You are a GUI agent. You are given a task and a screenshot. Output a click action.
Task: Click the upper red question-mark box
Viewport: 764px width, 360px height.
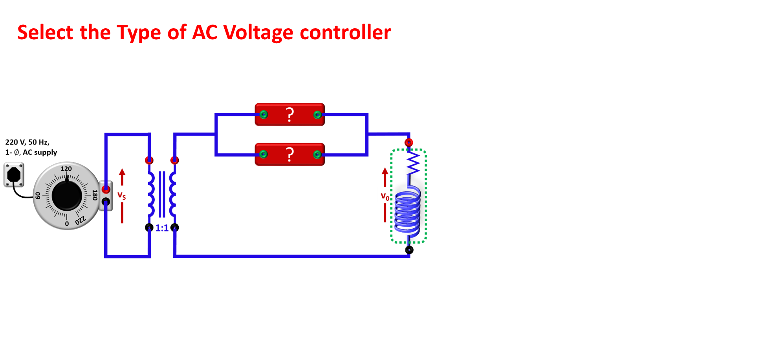pos(290,114)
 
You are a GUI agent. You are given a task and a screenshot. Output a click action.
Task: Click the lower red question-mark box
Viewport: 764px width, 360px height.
pos(290,154)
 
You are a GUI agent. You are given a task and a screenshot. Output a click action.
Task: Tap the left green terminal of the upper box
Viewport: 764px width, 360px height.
pos(264,114)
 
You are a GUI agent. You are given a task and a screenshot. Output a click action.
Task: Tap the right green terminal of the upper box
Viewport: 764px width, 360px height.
pos(317,115)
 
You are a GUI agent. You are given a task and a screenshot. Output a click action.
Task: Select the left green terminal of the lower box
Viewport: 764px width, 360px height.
pos(264,154)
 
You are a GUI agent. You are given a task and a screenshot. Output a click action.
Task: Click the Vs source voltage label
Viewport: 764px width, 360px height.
pos(122,194)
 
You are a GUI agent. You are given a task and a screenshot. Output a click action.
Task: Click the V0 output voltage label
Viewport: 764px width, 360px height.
pos(385,195)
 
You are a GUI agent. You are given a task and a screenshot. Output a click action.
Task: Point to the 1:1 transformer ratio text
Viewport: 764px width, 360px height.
pos(162,228)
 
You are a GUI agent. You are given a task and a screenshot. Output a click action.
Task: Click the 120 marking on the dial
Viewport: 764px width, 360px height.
pos(66,169)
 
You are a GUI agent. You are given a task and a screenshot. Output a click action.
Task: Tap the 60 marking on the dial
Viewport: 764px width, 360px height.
pos(38,195)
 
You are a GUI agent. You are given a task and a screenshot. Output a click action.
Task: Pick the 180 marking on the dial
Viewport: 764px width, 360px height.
pos(95,195)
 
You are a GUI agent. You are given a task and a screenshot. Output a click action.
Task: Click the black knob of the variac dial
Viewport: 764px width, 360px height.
pos(67,196)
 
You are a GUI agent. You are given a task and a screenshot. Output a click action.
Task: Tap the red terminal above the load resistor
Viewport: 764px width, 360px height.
pos(409,142)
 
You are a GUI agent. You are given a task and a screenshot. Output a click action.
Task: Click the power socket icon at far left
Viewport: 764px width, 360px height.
pos(14,175)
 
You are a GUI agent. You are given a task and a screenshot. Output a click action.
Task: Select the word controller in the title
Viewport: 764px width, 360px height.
pos(345,32)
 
